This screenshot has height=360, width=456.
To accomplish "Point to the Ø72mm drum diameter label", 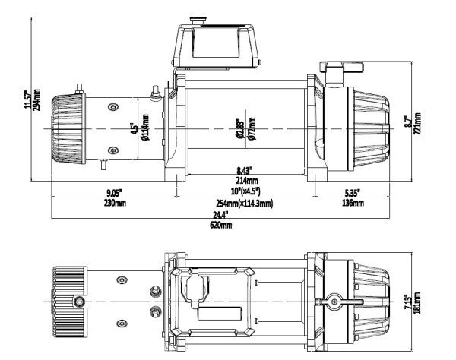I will pos(252,125).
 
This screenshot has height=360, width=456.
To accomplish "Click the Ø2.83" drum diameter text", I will pos(241,125).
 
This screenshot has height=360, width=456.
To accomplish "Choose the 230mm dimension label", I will pos(114,203).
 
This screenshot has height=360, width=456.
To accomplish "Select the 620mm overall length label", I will pos(223,226).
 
